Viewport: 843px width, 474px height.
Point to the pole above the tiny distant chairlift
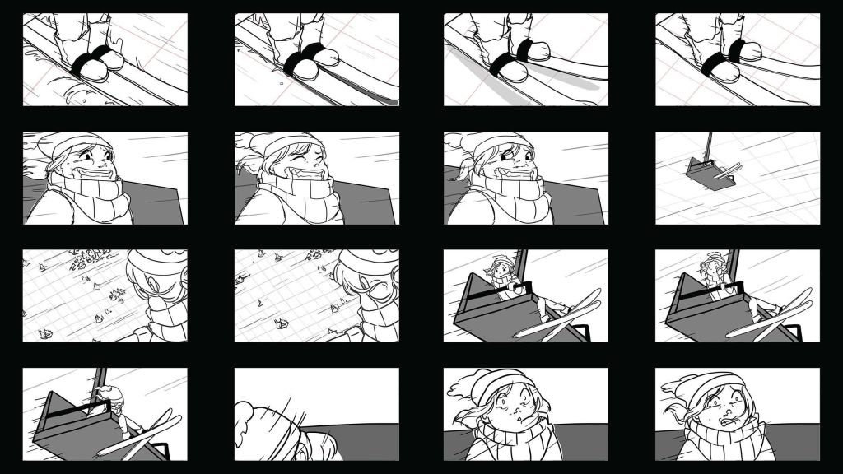[x=707, y=146]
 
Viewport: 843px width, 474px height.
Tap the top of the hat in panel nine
[x=152, y=262]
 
